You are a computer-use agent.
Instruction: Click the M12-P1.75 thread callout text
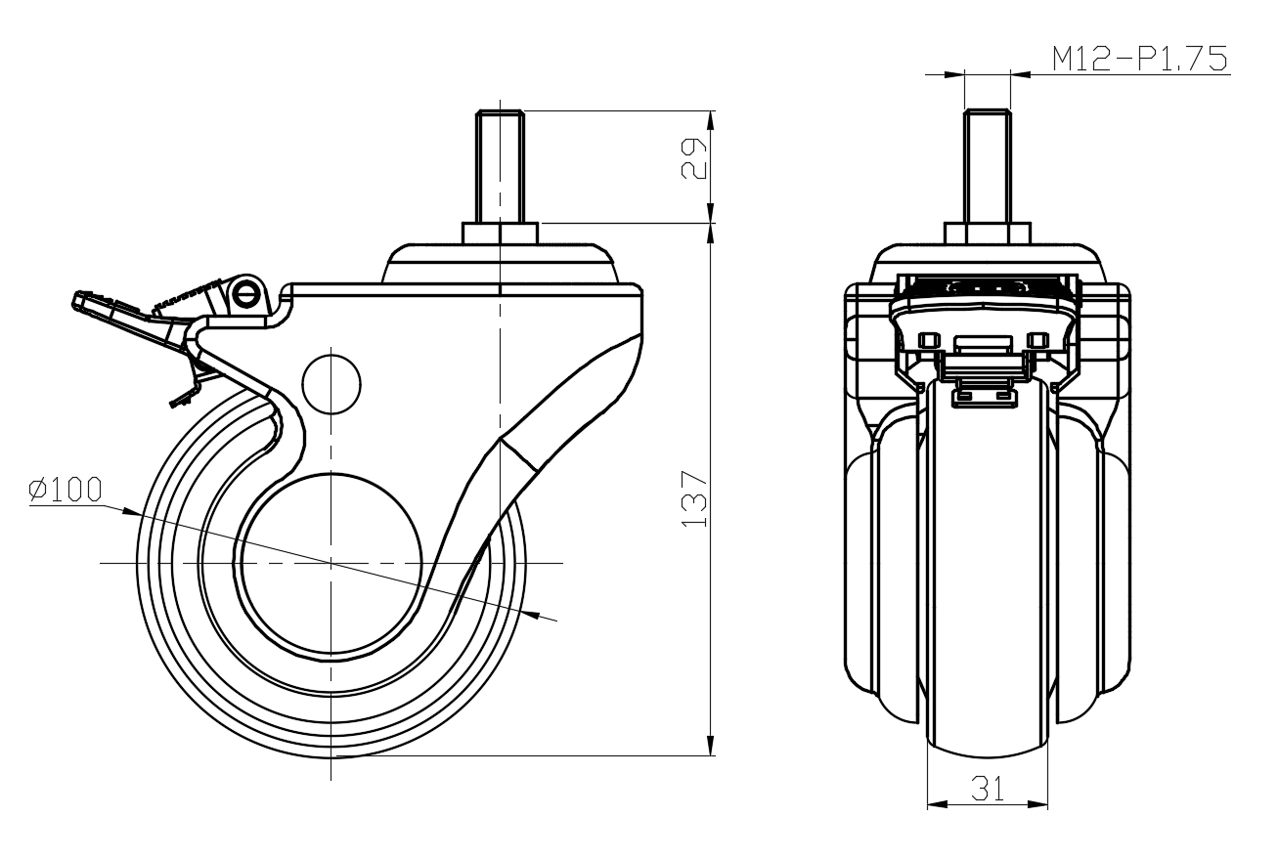point(1139,60)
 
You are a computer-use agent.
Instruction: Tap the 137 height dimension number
point(692,499)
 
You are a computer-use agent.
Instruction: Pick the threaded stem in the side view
point(499,166)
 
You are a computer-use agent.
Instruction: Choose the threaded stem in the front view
point(987,166)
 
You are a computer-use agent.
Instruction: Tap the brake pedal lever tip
point(80,299)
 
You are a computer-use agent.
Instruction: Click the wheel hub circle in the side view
point(331,564)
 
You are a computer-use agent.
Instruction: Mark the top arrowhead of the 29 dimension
point(711,117)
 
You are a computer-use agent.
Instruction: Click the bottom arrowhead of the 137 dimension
point(711,748)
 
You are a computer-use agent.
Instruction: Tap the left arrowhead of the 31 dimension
point(934,805)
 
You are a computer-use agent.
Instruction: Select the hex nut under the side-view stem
point(499,235)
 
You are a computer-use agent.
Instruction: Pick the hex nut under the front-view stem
point(987,235)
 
